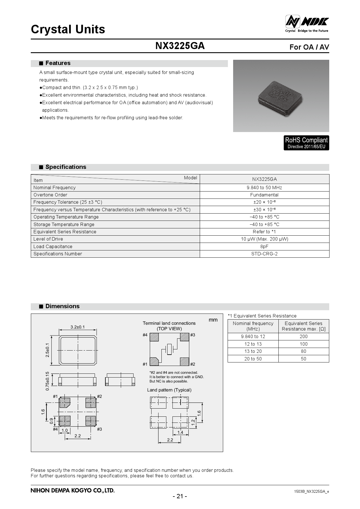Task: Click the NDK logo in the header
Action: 307,23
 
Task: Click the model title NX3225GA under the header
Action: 180,46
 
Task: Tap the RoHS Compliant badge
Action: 306,143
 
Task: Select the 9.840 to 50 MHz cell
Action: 264,187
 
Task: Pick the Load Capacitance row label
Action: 53,246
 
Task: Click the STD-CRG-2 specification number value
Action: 264,254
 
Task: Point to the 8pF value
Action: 264,246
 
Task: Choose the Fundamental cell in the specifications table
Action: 264,195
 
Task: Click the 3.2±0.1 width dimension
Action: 78,327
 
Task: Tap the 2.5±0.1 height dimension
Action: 48,350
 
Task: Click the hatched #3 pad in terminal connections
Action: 184,337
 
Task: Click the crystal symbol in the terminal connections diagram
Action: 169,349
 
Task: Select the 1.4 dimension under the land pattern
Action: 180,432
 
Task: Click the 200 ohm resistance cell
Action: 303,336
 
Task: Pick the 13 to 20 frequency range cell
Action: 253,351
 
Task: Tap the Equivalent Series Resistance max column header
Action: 303,326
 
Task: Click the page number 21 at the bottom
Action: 180,496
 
